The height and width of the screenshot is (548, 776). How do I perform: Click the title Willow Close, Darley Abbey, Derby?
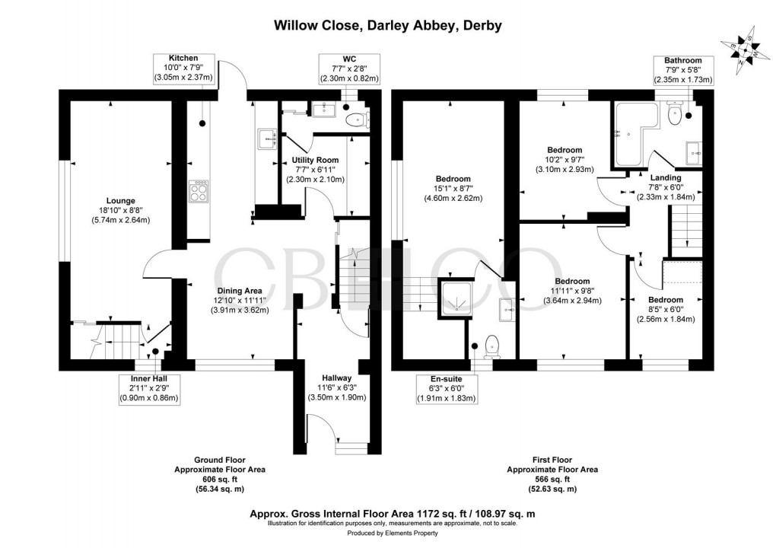pyautogui.click(x=387, y=25)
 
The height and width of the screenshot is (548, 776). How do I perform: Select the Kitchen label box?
pyautogui.click(x=183, y=68)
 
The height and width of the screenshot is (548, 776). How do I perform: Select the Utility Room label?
pyautogui.click(x=315, y=170)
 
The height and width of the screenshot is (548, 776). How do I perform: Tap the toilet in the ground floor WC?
pyautogui.click(x=356, y=119)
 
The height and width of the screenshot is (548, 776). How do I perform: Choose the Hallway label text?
pyautogui.click(x=336, y=387)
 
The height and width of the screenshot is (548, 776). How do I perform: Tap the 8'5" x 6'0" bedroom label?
pyautogui.click(x=666, y=309)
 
